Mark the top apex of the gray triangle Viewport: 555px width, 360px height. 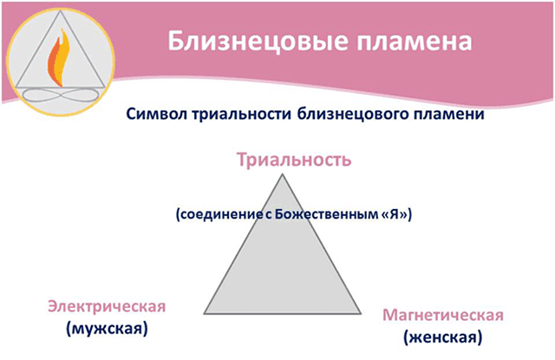pos(282,173)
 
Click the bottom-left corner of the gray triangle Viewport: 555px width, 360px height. pos(203,313)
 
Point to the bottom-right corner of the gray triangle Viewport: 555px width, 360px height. pos(361,313)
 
